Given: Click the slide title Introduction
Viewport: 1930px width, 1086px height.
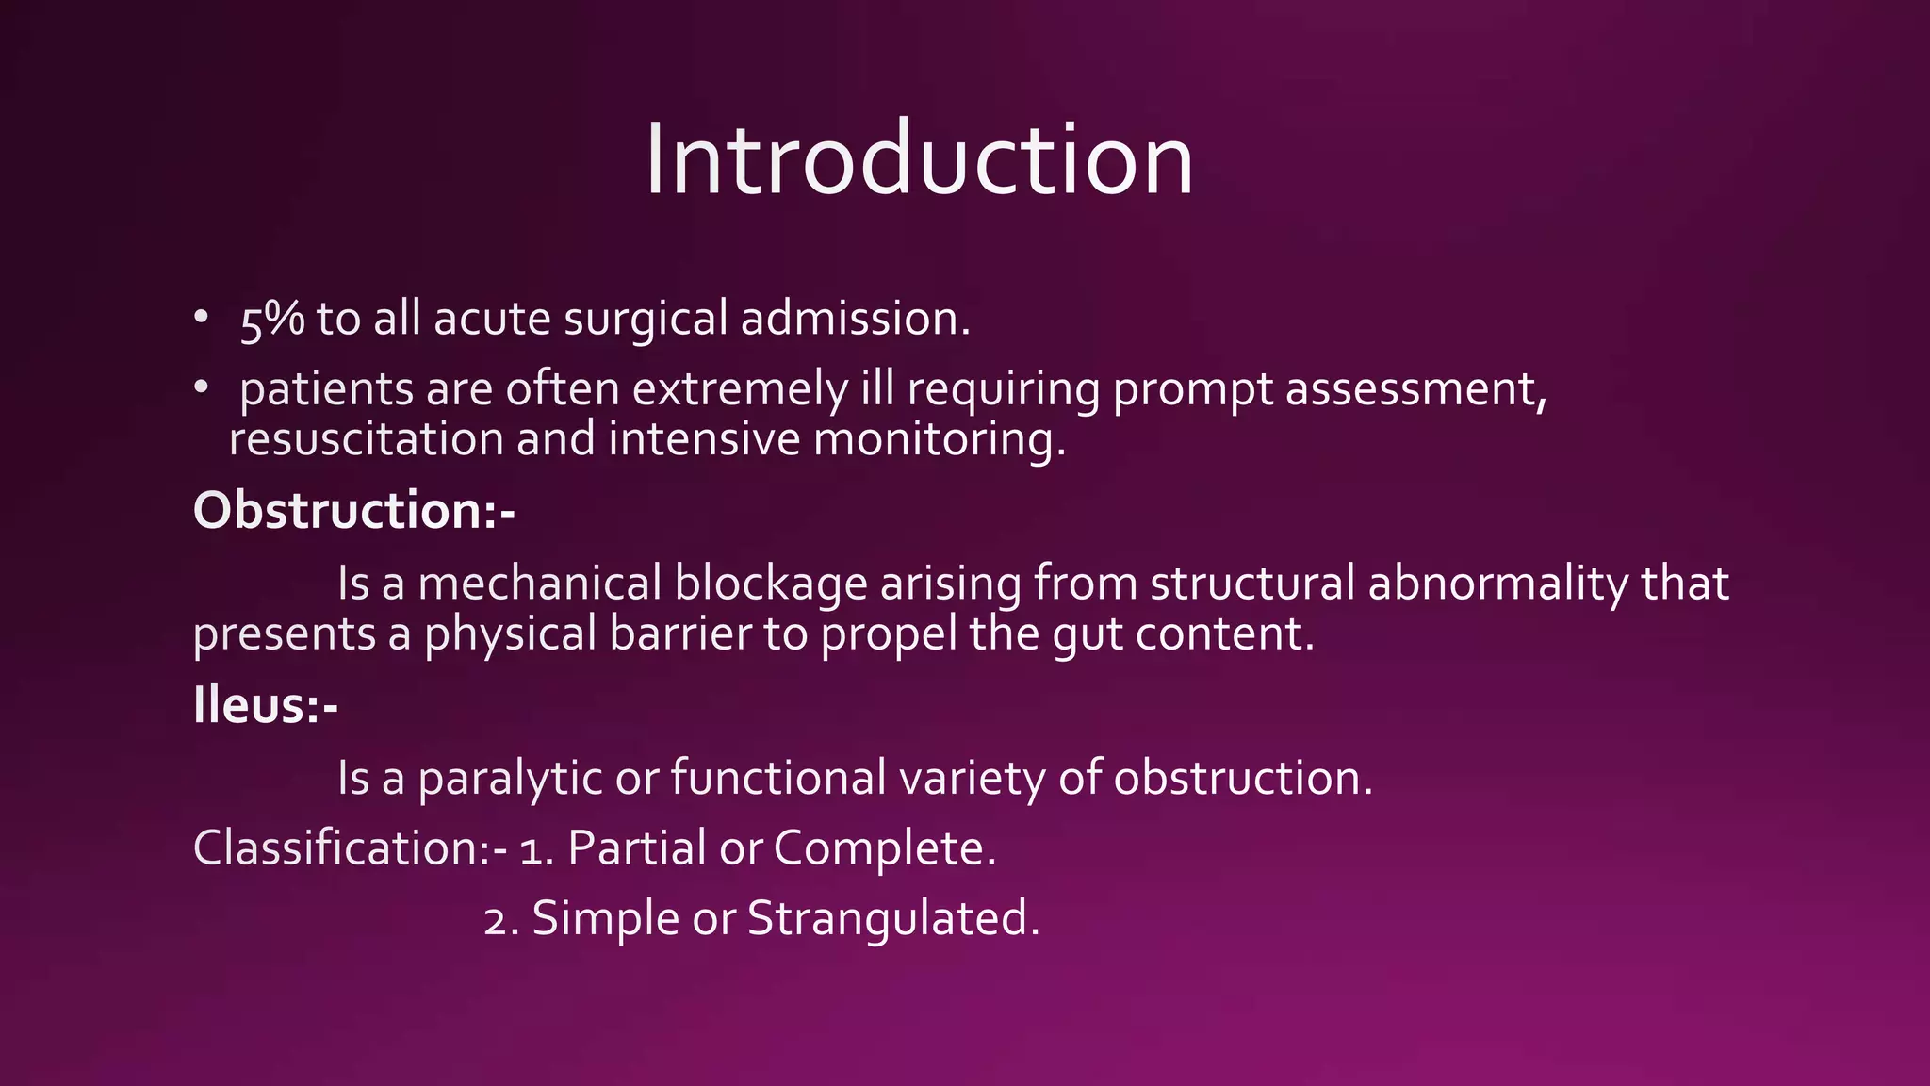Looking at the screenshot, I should (x=919, y=160).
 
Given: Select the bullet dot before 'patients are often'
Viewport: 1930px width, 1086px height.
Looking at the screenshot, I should (x=201, y=387).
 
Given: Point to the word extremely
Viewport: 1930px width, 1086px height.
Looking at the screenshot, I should (x=741, y=390).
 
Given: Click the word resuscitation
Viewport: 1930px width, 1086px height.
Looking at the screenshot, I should (x=366, y=440).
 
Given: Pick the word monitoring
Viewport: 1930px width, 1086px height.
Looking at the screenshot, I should (x=938, y=440).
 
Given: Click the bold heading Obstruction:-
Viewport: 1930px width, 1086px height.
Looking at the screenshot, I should (x=353, y=512).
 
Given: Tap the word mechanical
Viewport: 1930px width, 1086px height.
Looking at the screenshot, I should (x=539, y=584).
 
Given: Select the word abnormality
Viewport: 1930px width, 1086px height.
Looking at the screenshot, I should (x=1497, y=584).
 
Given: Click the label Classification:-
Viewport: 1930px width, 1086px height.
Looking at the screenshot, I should (x=350, y=848).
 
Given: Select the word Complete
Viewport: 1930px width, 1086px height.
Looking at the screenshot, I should (x=884, y=848).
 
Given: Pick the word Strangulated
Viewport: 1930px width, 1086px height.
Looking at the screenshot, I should (x=892, y=919).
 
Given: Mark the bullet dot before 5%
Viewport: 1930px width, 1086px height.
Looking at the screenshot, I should (x=201, y=317).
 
